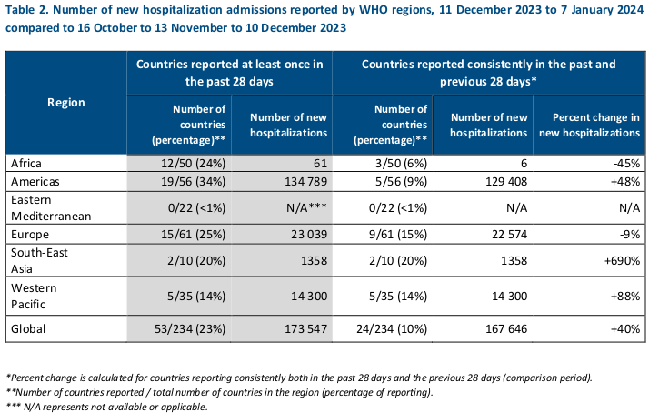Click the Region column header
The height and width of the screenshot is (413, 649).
(x=65, y=102)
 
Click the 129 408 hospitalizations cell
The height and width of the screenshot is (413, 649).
(x=499, y=182)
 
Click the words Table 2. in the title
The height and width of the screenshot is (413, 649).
(x=27, y=10)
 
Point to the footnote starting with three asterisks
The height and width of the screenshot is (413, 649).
(x=107, y=406)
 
